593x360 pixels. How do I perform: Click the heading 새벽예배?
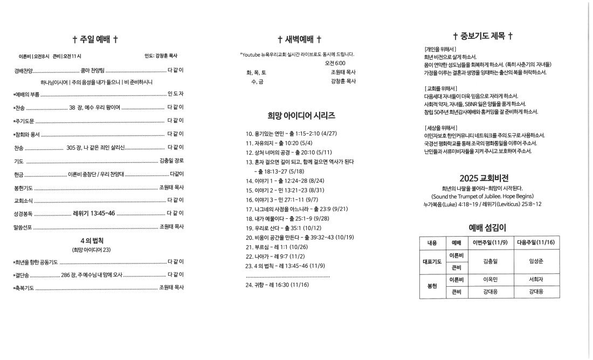pyautogui.click(x=299, y=39)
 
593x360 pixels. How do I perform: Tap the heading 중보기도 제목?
pyautogui.click(x=482, y=36)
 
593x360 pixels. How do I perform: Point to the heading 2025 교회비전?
pyautogui.click(x=484, y=178)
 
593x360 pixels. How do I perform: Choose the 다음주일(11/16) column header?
pyautogui.click(x=535, y=243)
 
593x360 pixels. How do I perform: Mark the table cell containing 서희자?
pyautogui.click(x=535, y=279)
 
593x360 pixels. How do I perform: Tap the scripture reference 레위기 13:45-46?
pyautogui.click(x=94, y=213)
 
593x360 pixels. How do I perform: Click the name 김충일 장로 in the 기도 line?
pyautogui.click(x=171, y=161)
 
